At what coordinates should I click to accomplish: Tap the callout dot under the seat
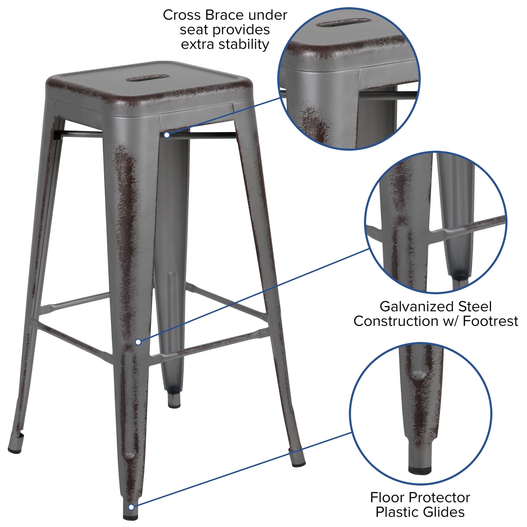(167, 135)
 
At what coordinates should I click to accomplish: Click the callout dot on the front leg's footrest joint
(138, 342)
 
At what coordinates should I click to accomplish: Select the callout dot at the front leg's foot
(131, 507)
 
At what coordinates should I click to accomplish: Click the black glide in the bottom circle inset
(420, 471)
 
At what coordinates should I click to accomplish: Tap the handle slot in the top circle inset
(341, 24)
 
